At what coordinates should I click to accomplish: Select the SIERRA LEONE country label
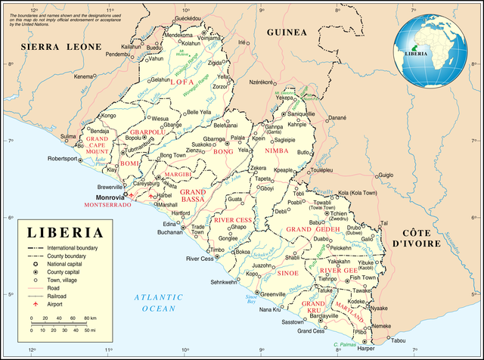point(60,47)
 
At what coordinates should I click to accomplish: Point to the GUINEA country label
point(287,33)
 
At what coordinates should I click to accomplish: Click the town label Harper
point(366,349)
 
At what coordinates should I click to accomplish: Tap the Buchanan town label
point(171,232)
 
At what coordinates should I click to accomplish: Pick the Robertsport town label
point(63,159)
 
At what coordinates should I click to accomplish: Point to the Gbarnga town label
point(213,139)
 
